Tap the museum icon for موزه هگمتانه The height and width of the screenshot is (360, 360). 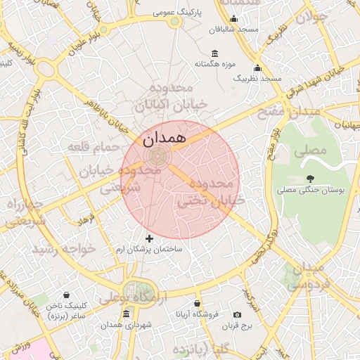tap(214, 54)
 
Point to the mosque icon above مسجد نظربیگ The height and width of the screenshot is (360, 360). tap(257, 68)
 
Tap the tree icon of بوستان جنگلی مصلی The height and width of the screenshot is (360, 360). tap(310, 179)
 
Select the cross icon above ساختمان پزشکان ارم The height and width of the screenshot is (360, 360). tap(149, 239)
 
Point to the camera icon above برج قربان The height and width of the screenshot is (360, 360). tap(237, 314)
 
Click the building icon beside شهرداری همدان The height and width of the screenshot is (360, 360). tap(126, 314)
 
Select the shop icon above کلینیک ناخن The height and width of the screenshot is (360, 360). tap(66, 295)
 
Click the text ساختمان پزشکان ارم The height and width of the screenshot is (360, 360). tap(149, 250)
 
